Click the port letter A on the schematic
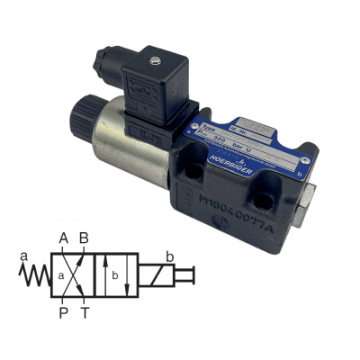click(63, 239)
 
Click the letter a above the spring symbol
click(24, 255)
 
